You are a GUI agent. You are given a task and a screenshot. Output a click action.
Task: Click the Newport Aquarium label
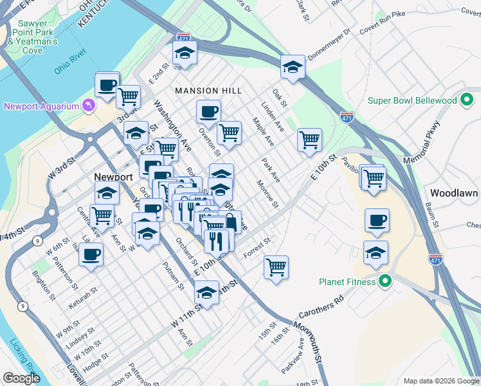coord(40,106)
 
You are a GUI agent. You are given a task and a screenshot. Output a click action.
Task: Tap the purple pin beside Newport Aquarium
coord(88,105)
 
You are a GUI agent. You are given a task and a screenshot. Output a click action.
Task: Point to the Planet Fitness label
coord(347,281)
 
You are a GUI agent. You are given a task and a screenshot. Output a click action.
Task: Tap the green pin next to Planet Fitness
coord(385,281)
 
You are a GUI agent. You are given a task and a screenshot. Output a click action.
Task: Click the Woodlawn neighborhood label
coord(453,193)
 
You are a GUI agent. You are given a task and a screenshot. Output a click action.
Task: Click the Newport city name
coord(113,177)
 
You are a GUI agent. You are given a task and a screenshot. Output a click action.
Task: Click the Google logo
coord(21,378)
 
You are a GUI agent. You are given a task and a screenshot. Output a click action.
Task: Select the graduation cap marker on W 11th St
coord(206,293)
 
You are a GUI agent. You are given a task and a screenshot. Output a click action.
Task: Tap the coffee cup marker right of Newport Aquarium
coord(107,84)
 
